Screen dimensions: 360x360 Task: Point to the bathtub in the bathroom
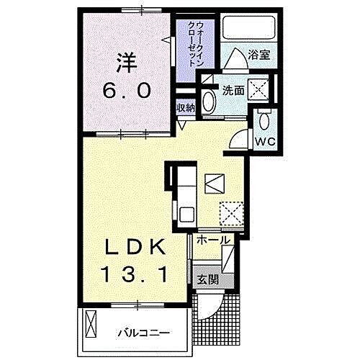[249, 29]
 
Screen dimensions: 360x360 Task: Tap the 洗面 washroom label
[233, 91]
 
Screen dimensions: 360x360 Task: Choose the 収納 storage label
[186, 108]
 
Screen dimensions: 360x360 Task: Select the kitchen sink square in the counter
[185, 213]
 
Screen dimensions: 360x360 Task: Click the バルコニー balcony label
[144, 333]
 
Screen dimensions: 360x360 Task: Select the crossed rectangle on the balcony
[91, 325]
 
